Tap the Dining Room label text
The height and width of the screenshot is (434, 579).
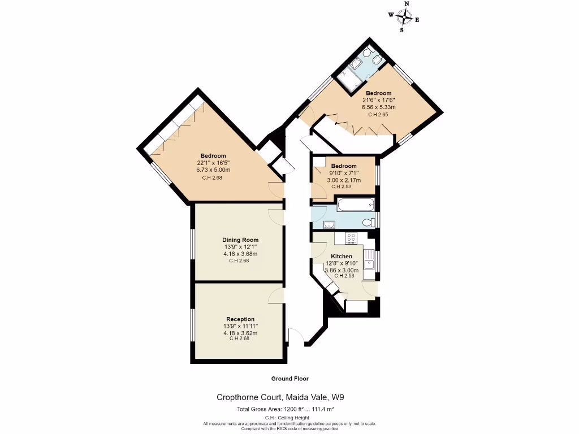[x=240, y=240]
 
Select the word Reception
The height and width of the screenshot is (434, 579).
[x=240, y=319]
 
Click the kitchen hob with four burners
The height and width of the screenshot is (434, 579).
[x=351, y=239]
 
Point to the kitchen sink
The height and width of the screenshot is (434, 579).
[x=369, y=263]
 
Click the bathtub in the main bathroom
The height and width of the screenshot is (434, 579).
[x=355, y=204]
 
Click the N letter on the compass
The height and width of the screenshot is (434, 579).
[x=407, y=4]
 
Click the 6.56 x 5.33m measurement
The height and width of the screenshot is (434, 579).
[x=378, y=107]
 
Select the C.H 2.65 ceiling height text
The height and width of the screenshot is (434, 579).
[x=378, y=115]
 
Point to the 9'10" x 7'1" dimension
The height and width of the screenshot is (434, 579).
[x=344, y=173]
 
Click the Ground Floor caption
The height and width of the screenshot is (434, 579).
[x=289, y=379]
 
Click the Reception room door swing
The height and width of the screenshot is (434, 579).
[x=276, y=295]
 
